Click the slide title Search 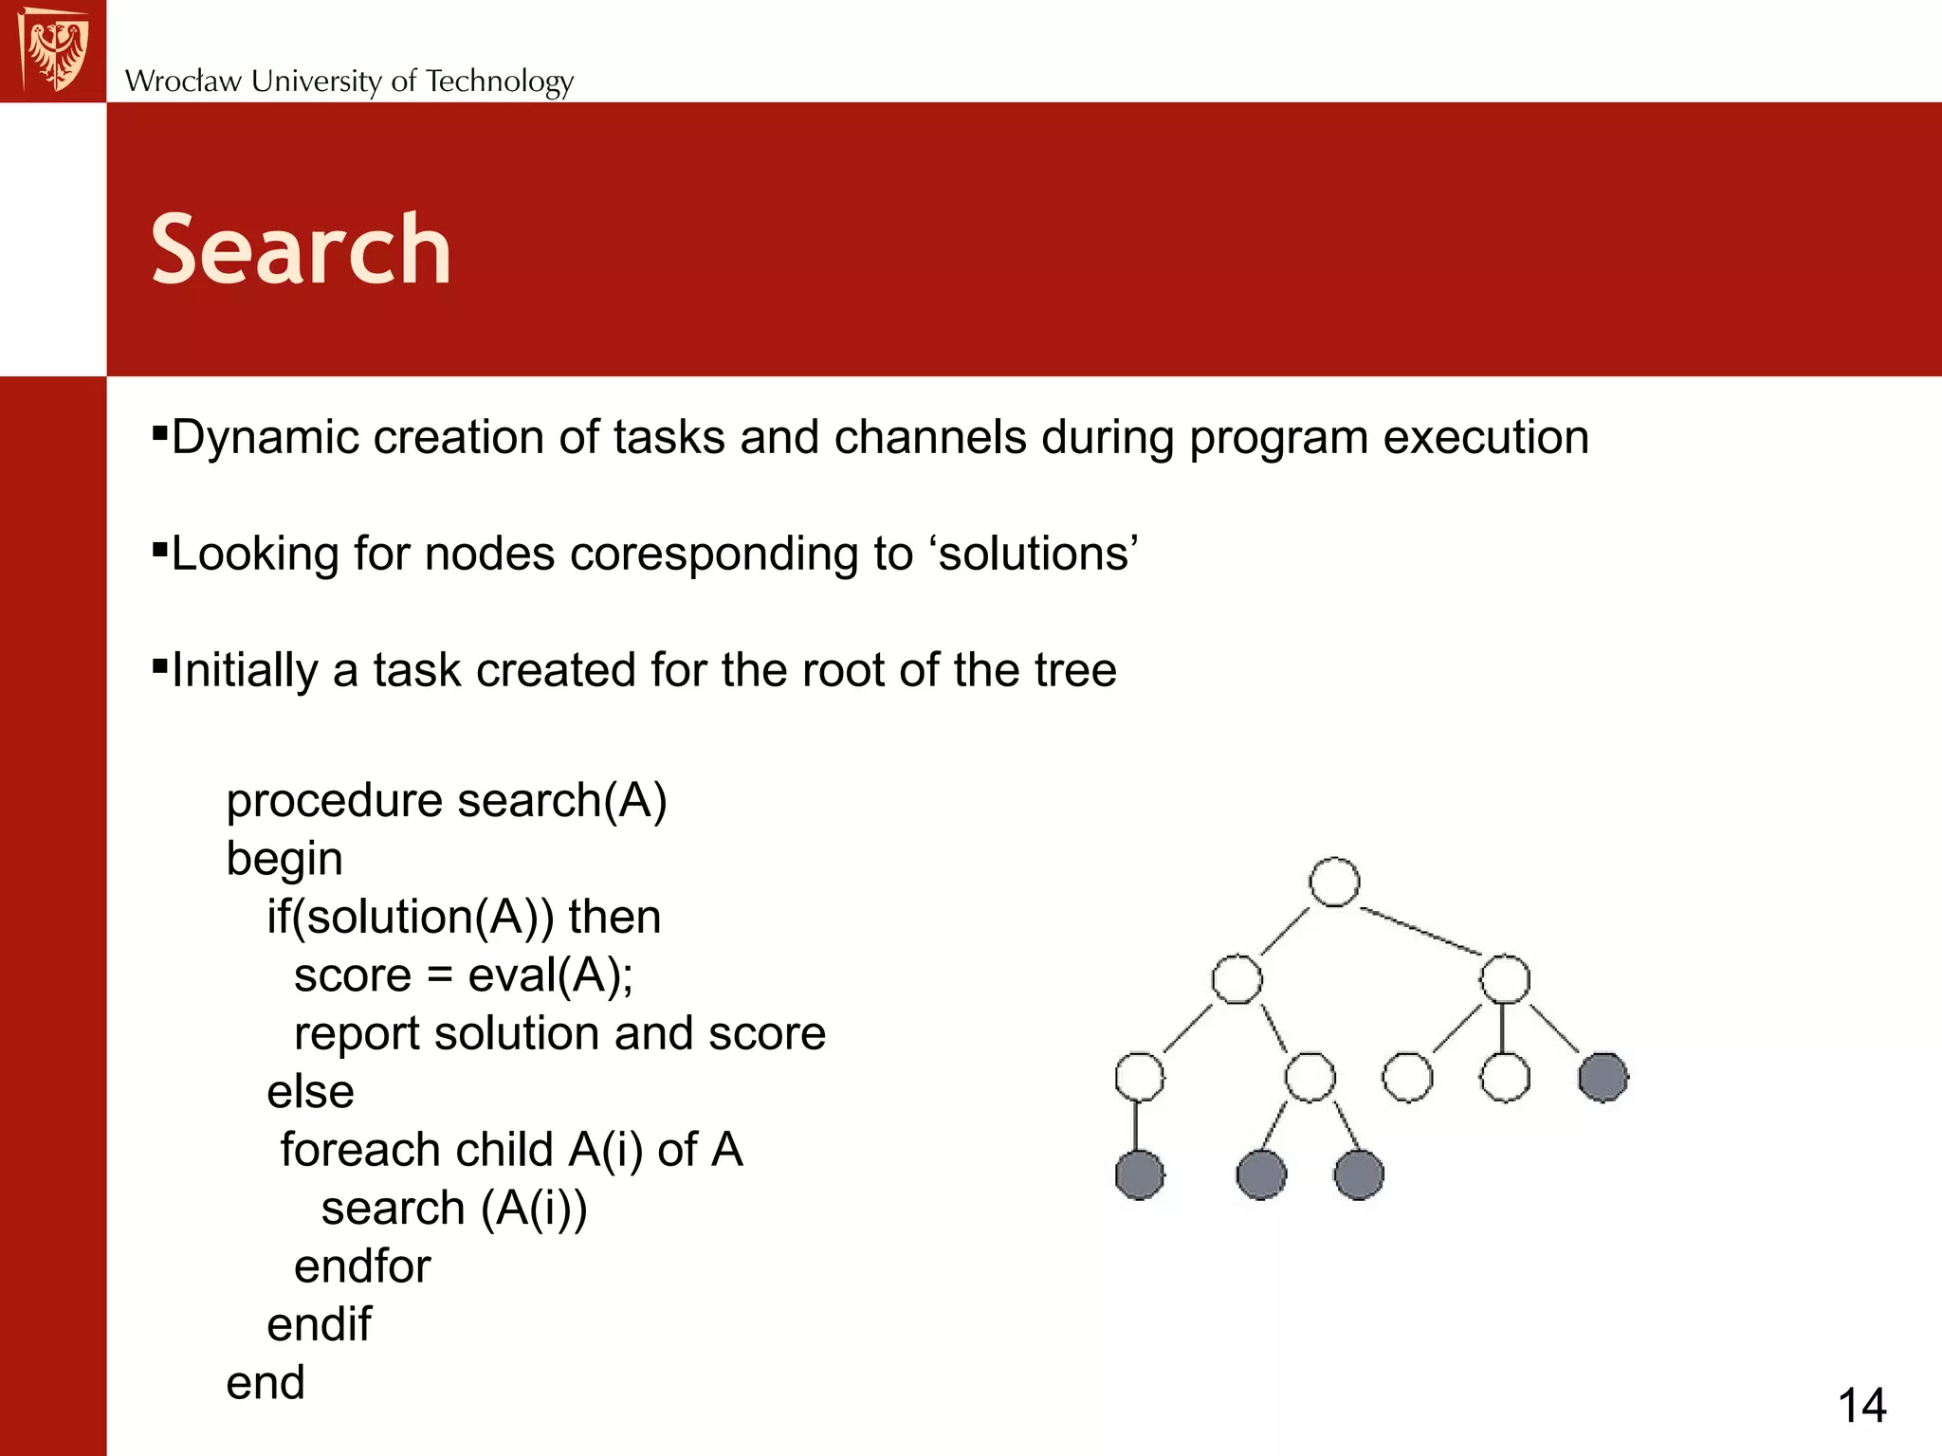pos(301,249)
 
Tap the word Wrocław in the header pos(183,82)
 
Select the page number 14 pos(1861,1405)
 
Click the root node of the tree pos(1334,883)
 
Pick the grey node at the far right pos(1603,1078)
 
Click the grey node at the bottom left pos(1139,1174)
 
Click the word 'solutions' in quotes pos(1037,554)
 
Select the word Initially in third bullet pos(245,671)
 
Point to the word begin pos(284,860)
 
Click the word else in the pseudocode pos(310,1092)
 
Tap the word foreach pos(347,1150)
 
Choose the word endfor pos(362,1266)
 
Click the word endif pos(319,1324)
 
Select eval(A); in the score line pos(551,976)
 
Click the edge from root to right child pos(1420,931)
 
